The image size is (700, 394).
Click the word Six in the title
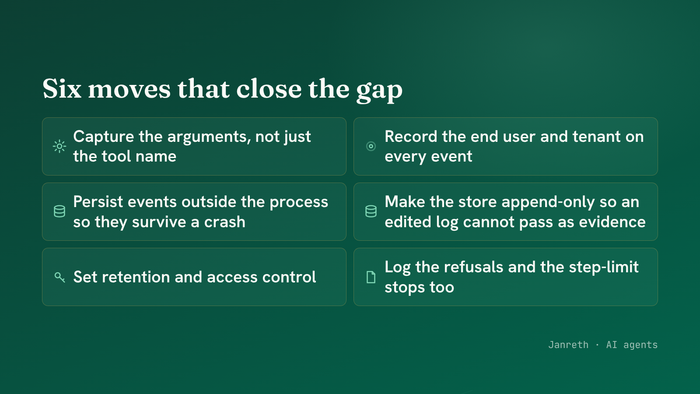(62, 89)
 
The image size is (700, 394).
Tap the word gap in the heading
(379, 91)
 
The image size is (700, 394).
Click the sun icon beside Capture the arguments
(59, 146)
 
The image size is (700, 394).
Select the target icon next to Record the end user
(371, 146)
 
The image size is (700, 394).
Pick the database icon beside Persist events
(59, 212)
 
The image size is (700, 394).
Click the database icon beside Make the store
(371, 212)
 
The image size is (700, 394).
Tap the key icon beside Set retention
(59, 278)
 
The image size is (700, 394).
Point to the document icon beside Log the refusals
(371, 278)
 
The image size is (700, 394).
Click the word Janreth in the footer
(568, 345)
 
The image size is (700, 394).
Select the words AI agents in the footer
(632, 345)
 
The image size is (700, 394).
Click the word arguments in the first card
(210, 137)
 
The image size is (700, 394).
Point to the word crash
(225, 222)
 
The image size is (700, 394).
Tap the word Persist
(98, 202)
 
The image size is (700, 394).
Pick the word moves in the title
(129, 89)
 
